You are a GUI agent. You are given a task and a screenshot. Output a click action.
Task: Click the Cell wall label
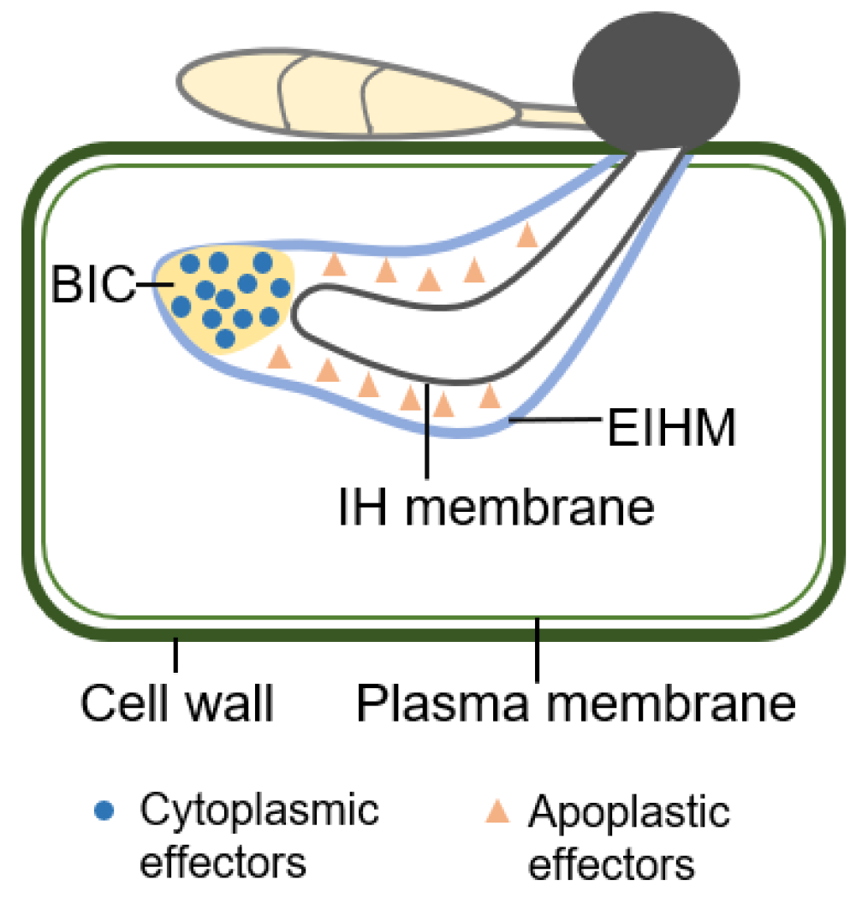coord(177,704)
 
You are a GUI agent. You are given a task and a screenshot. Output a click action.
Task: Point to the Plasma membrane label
coord(576,704)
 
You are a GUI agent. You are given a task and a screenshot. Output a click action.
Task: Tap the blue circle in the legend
coord(105,811)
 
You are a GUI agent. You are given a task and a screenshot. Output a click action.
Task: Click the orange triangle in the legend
coord(498,811)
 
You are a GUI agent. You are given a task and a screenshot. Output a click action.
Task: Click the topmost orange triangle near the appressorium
coord(528,235)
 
